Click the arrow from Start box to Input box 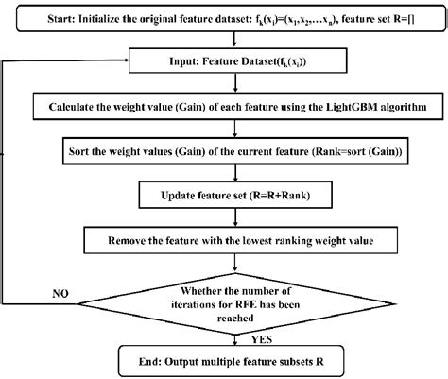click(x=233, y=42)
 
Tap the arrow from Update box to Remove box click(x=233, y=219)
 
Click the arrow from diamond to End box click(x=233, y=337)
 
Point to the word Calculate click(x=74, y=105)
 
